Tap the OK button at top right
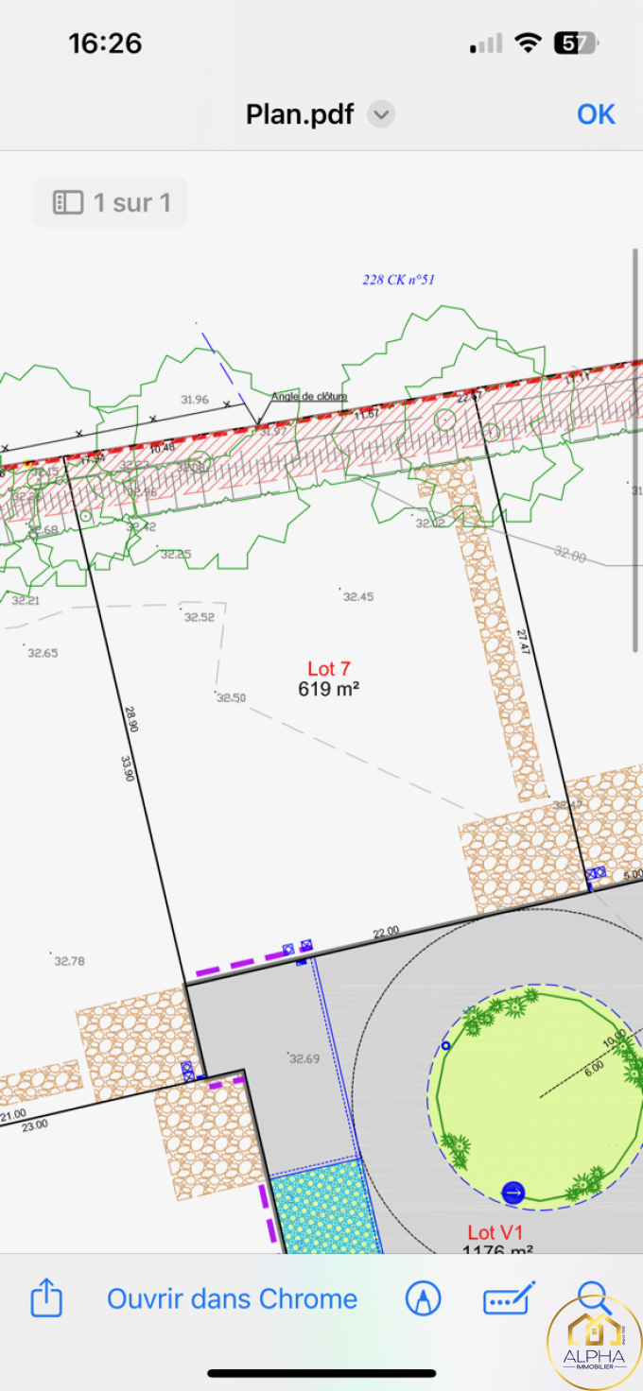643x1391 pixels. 596,114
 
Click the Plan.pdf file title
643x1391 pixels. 300,114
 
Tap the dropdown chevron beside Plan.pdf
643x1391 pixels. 381,115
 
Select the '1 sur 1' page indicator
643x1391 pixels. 111,202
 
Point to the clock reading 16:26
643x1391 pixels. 105,43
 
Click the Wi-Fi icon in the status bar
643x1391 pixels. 527,43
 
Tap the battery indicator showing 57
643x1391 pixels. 576,43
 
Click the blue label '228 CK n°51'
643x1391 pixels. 398,280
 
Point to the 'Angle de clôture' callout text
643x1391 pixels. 309,397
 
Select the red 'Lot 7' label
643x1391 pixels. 329,669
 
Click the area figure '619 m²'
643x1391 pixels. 328,689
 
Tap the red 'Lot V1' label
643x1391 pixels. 495,1232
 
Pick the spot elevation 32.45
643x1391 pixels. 357,597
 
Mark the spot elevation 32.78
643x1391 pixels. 69,961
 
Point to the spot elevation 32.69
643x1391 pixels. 304,1059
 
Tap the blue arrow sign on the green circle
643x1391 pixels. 513,1193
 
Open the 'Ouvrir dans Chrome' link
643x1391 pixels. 232,1299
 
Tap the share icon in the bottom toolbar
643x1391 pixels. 46,1299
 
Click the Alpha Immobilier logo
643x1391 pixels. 595,1340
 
